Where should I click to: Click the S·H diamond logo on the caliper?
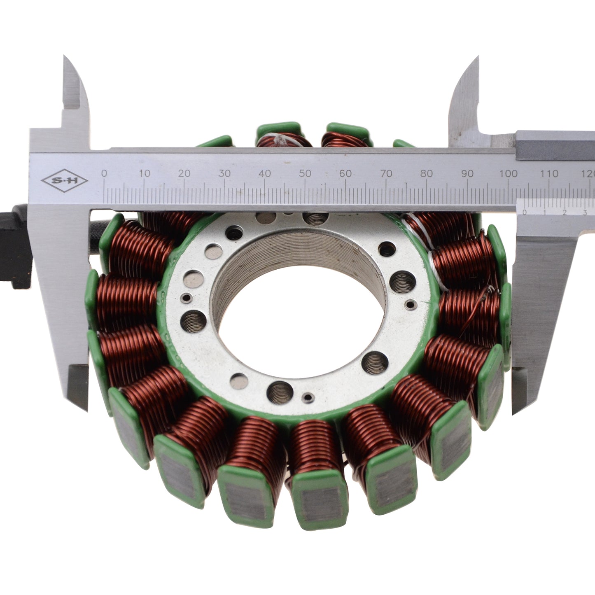(x=65, y=181)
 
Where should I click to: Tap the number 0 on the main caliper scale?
(x=104, y=173)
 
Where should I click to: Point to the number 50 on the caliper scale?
(x=305, y=173)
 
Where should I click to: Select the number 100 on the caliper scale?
(x=508, y=173)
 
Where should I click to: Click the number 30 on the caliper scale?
(x=224, y=173)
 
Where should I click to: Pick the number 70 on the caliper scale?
(x=386, y=173)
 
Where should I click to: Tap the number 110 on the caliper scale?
(x=549, y=173)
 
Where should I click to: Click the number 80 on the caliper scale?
(x=427, y=173)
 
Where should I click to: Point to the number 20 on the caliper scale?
(x=184, y=173)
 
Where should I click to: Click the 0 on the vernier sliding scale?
(x=524, y=212)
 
